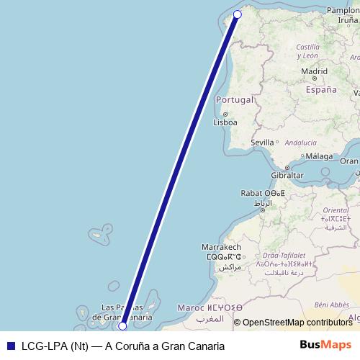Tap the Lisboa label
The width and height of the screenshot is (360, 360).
point(225,122)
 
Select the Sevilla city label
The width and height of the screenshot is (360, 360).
point(262,143)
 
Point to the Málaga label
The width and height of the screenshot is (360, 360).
point(319,156)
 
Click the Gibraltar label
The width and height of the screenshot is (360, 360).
point(287,176)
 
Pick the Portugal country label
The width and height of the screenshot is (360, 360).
point(235,99)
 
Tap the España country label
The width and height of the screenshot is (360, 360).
point(321,90)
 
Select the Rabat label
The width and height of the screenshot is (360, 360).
point(253,193)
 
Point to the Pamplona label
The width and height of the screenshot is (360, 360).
point(343,10)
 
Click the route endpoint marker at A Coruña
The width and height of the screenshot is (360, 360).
point(238,14)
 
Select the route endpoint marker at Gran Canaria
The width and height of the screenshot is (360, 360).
point(122,325)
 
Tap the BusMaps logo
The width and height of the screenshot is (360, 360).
point(325,346)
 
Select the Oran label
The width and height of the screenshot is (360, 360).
point(349,161)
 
